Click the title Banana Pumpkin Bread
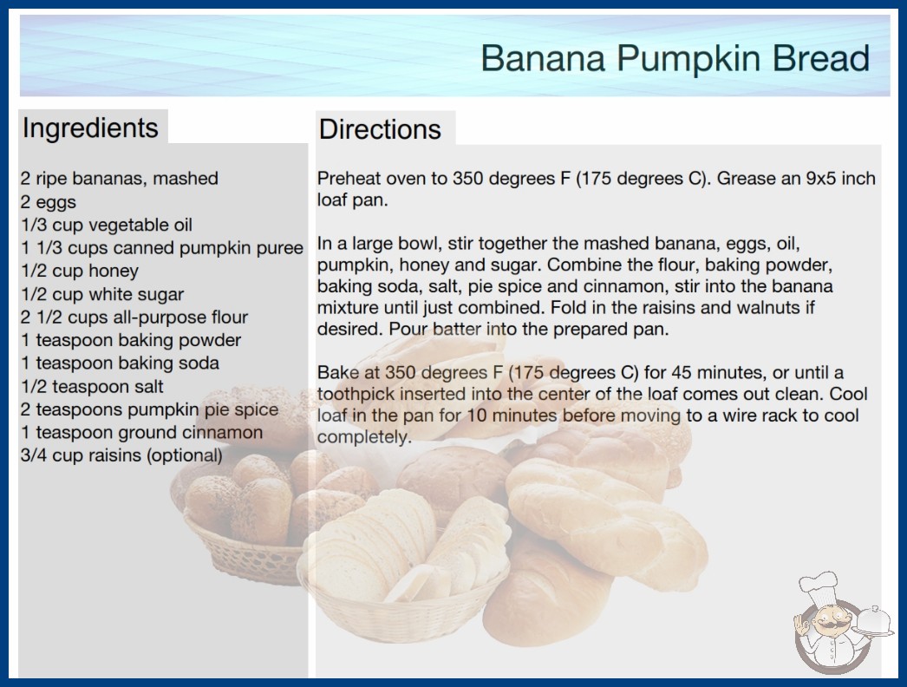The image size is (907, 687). coord(675,58)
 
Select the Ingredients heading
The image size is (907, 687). coord(90,128)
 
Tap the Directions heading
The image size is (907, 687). coord(380,129)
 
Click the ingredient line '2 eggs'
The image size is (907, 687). coord(49,203)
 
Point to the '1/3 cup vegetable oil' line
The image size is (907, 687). coord(107,226)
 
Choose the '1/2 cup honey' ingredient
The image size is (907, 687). coord(80,271)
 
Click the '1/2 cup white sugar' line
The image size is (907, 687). coord(102,294)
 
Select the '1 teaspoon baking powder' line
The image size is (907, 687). coord(131,340)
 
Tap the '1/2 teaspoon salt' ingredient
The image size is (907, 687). coord(92,386)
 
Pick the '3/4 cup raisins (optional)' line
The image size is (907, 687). coord(121,455)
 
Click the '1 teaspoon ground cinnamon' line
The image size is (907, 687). coord(141,432)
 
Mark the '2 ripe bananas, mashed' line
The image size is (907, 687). coord(119,179)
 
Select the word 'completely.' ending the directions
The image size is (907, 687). coord(364,437)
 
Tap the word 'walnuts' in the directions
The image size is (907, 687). coord(767,307)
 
